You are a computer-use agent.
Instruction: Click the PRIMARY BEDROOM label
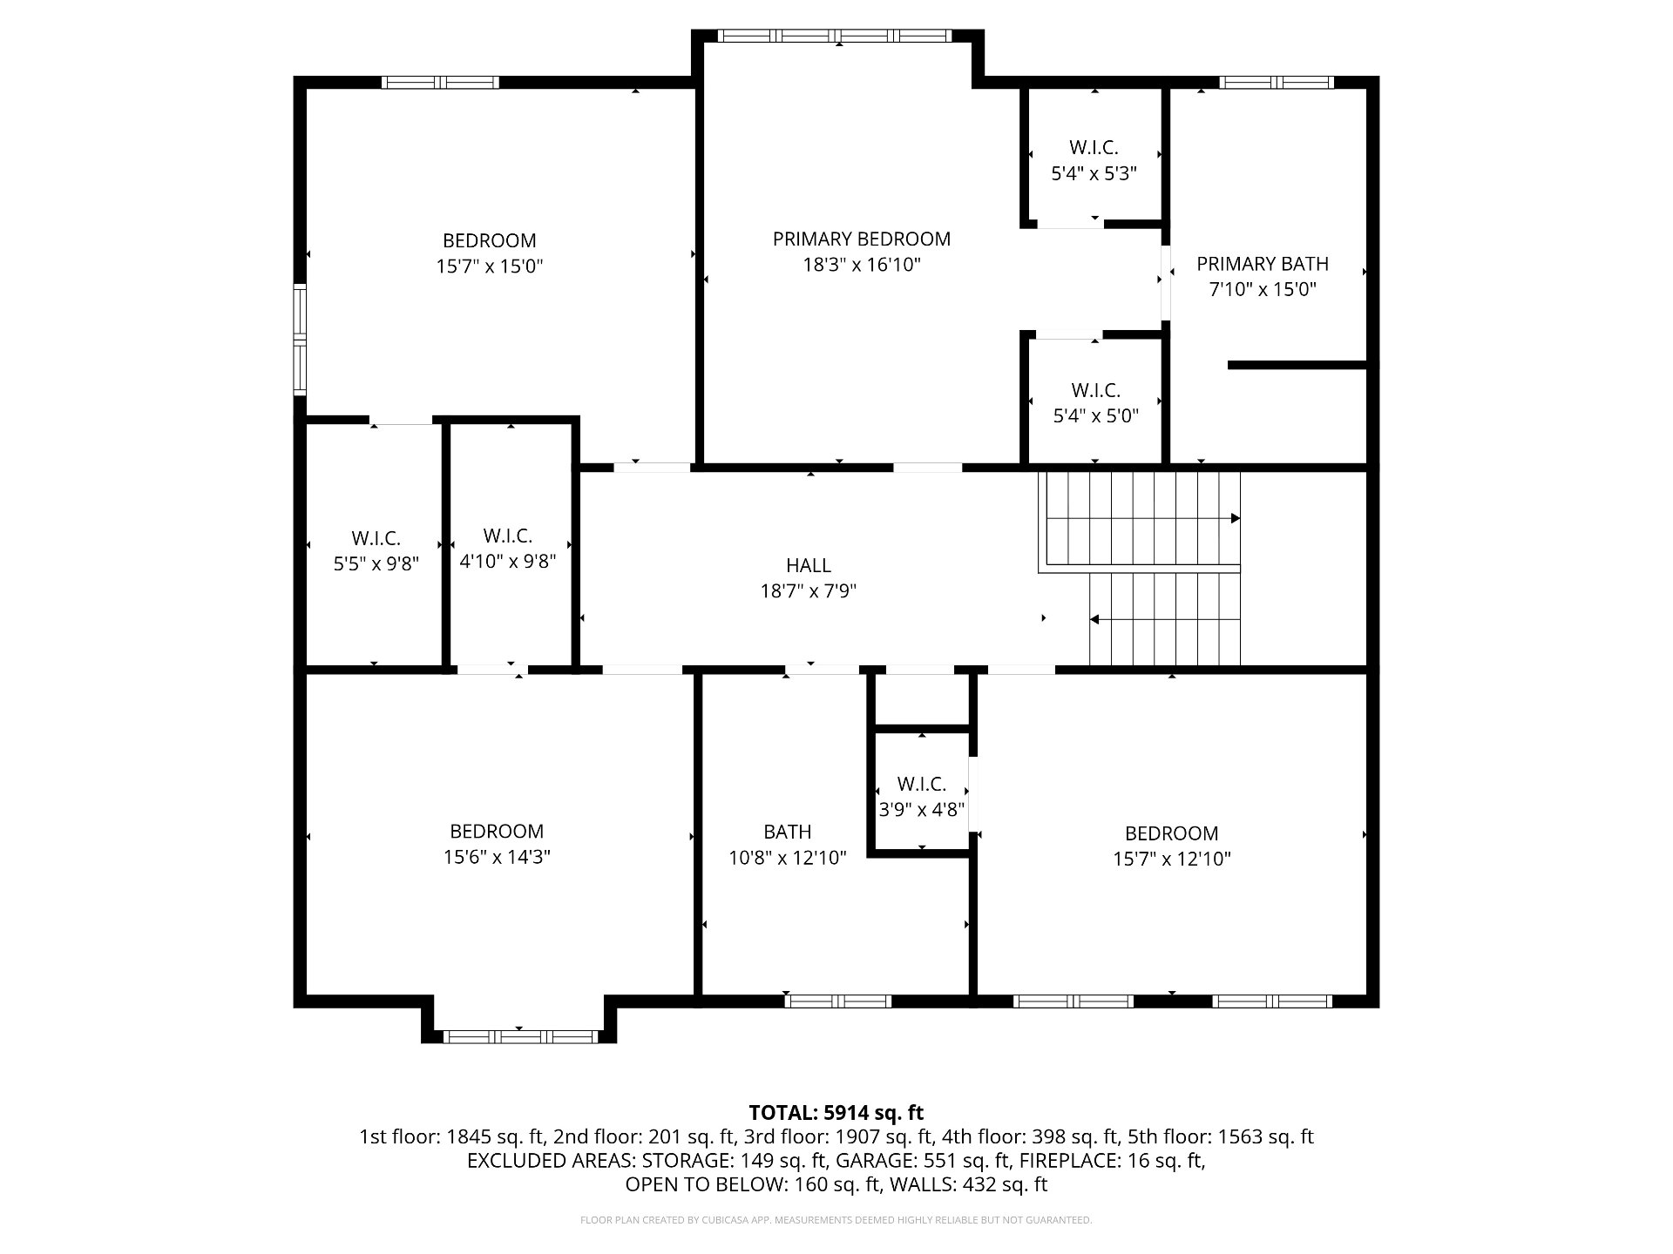[861, 239]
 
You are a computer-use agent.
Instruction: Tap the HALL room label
[809, 566]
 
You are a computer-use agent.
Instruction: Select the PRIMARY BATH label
[1263, 264]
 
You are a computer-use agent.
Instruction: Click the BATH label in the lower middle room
[788, 833]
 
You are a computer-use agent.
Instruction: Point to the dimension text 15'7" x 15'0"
[490, 266]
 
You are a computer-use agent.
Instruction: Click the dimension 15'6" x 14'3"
[497, 857]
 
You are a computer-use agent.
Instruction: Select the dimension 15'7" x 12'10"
[1172, 860]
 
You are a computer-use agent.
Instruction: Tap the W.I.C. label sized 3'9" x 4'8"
[922, 785]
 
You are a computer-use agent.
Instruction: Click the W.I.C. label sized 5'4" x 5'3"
[1094, 148]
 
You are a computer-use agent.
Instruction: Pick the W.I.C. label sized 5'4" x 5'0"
[1096, 391]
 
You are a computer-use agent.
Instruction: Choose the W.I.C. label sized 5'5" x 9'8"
[376, 539]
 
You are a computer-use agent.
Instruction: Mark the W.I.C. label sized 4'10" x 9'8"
[508, 536]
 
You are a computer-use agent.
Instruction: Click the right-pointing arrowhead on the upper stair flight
[1236, 518]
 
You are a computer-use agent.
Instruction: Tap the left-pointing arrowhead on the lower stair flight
[1094, 619]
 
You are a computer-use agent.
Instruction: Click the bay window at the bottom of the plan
[520, 1036]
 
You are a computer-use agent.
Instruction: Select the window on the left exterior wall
[300, 339]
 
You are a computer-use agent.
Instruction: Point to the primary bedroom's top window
[835, 36]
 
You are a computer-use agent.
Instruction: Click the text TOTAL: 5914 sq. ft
[836, 1113]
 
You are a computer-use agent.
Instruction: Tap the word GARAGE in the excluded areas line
[872, 1161]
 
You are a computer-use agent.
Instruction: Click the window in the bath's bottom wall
[838, 1001]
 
